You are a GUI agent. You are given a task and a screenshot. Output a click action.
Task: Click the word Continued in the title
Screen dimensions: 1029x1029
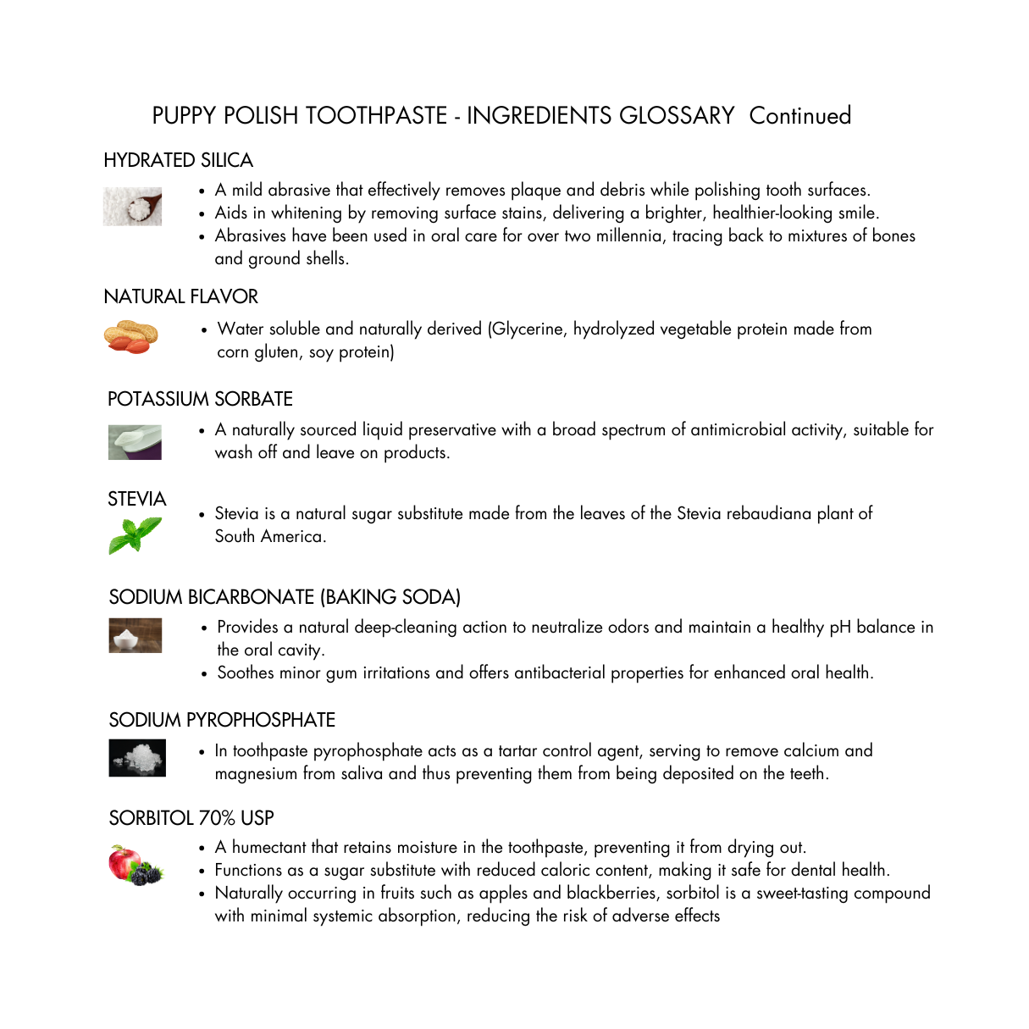(799, 116)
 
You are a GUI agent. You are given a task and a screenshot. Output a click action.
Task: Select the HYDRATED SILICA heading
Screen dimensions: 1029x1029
(178, 161)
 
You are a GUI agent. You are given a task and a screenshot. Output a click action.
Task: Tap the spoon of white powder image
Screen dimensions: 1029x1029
(133, 206)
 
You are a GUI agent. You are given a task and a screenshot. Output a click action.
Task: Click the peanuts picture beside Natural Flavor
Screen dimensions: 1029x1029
(131, 336)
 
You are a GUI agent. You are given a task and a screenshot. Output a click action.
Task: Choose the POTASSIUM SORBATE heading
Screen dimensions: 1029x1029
(200, 399)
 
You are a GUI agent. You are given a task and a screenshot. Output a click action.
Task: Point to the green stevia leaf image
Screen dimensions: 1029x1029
(135, 535)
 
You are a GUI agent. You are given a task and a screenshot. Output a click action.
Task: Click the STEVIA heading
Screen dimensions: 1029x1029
(137, 500)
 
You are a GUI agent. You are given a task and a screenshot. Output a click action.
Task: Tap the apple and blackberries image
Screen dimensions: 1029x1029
(136, 865)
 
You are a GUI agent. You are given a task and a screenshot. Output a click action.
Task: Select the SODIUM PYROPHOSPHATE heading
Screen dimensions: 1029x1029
(222, 720)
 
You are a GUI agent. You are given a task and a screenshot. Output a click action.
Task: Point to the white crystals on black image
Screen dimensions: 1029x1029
(137, 758)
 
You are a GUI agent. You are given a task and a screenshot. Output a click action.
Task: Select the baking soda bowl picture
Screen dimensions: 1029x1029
(136, 635)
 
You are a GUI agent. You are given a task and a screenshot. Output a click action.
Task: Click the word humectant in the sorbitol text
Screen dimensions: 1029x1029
(268, 847)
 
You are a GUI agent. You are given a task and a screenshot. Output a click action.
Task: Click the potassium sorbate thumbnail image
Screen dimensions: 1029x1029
(135, 442)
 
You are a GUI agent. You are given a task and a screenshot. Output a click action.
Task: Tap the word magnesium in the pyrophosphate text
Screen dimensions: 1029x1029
(256, 773)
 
